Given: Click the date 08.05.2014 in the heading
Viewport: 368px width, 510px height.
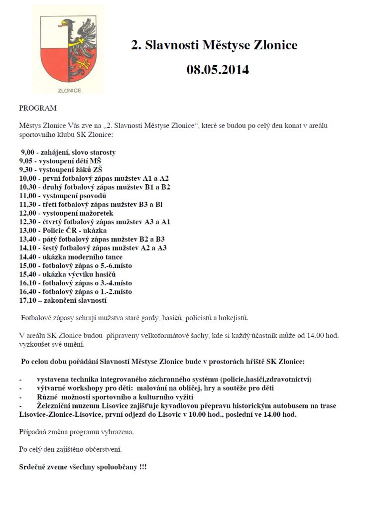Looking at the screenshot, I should [x=218, y=70].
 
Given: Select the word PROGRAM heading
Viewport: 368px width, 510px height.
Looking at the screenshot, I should [x=38, y=108].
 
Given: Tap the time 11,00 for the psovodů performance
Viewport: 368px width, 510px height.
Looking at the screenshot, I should [x=29, y=196].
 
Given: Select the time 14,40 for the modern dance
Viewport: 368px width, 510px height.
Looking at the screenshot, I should [x=29, y=256].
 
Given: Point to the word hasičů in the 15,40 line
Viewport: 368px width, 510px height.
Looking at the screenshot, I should [x=105, y=274].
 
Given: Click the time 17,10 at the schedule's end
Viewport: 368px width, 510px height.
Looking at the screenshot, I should [x=29, y=300].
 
